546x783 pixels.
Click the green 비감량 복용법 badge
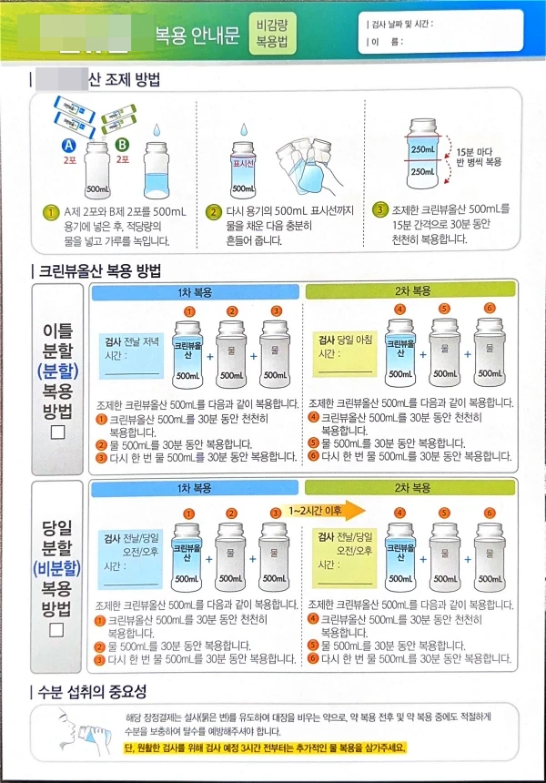(x=273, y=35)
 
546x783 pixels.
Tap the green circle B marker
(x=123, y=145)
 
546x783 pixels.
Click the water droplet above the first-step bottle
(x=157, y=134)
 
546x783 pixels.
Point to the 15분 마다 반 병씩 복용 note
(x=479, y=156)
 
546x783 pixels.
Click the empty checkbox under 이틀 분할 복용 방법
(x=58, y=432)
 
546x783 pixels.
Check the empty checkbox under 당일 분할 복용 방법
(x=58, y=629)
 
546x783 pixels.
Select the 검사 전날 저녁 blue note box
(x=132, y=356)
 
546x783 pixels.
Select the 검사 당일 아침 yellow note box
(x=345, y=356)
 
